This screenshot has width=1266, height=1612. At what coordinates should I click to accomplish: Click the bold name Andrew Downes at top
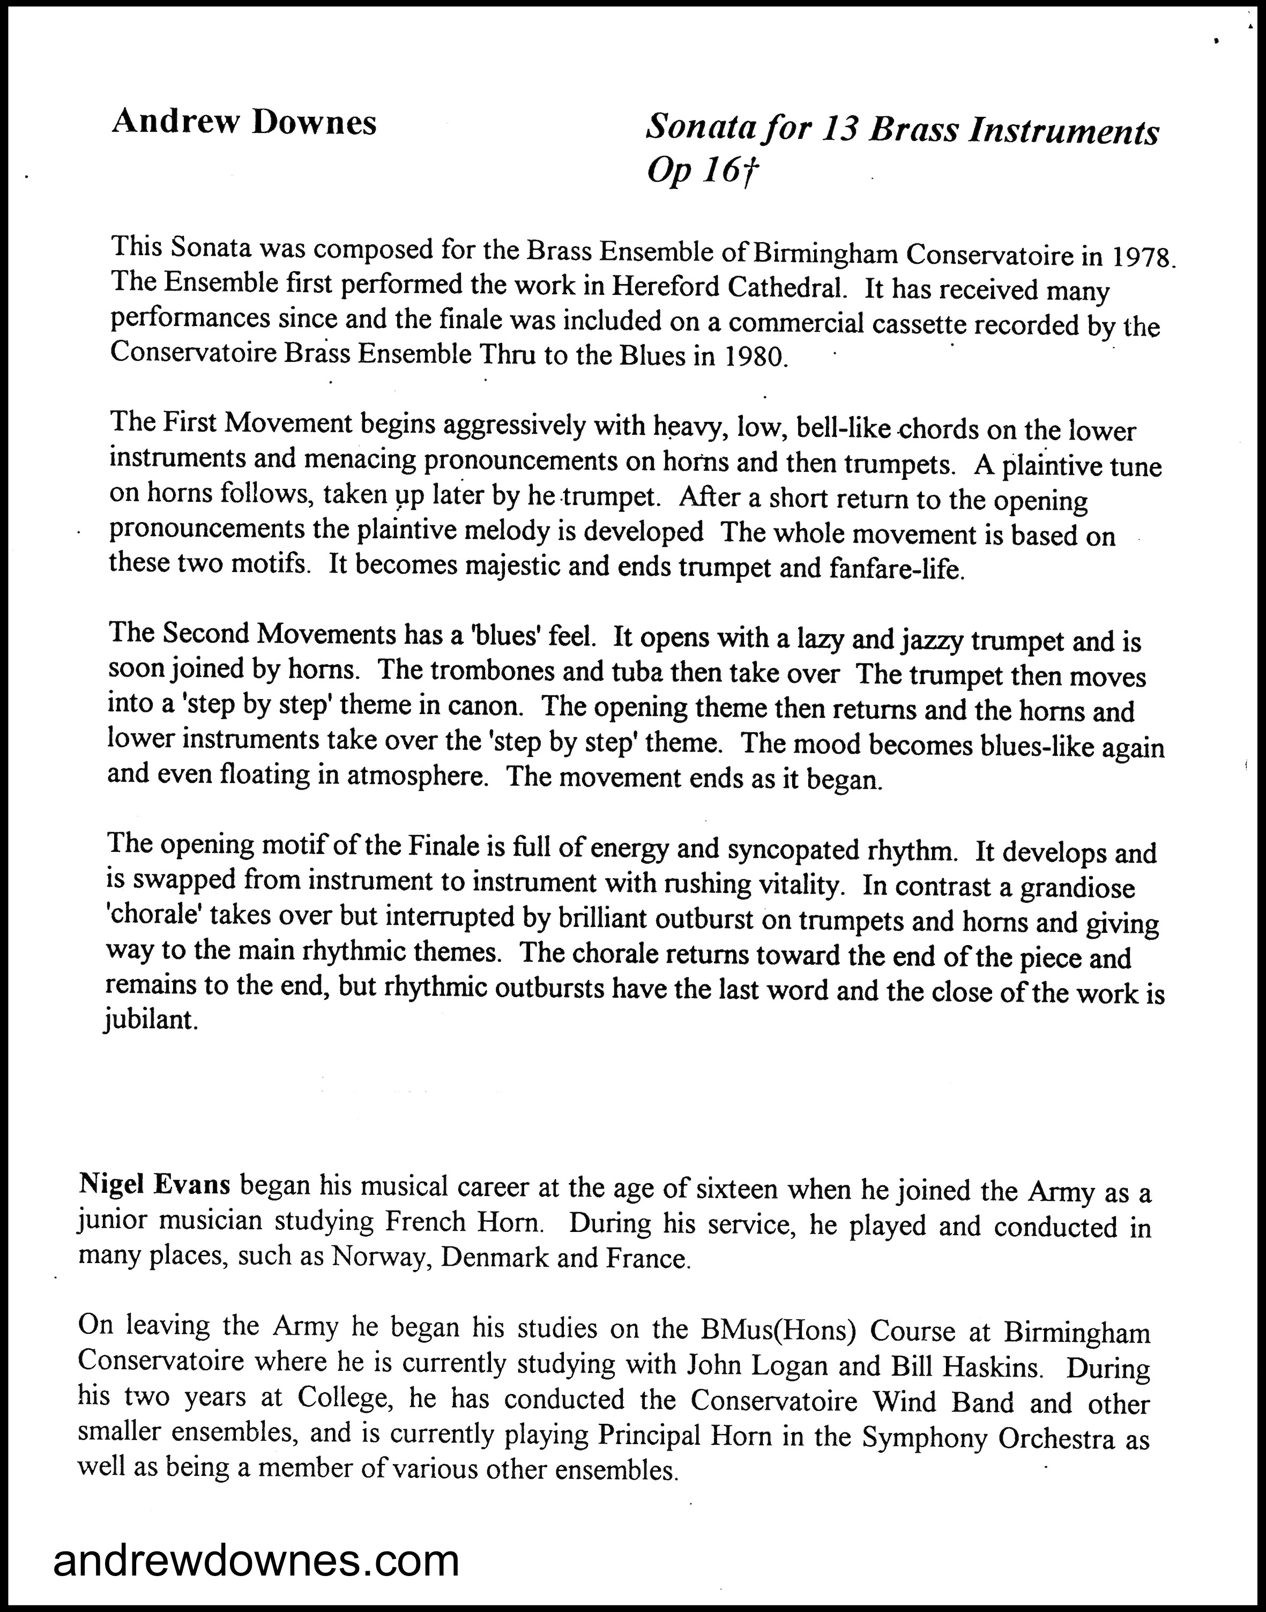pyautogui.click(x=244, y=122)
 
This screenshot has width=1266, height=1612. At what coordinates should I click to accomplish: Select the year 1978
pyautogui.click(x=1142, y=258)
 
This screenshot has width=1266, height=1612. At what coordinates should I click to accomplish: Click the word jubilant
pyautogui.click(x=151, y=1021)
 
